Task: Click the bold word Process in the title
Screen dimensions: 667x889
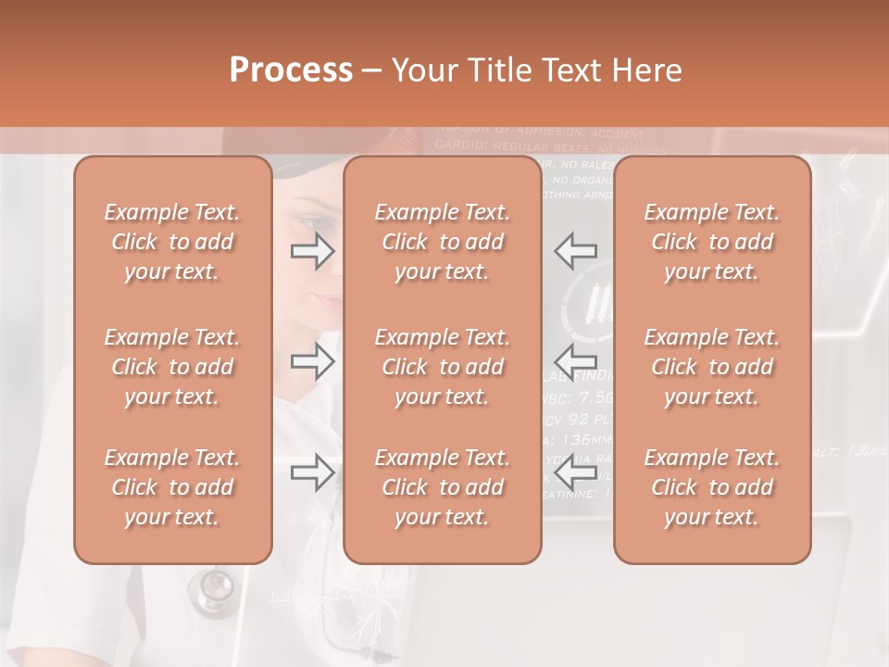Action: click(x=291, y=70)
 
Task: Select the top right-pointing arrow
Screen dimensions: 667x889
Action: click(x=312, y=251)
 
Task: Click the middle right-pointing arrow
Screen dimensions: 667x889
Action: click(x=312, y=362)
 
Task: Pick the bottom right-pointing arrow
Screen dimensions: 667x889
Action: click(x=312, y=473)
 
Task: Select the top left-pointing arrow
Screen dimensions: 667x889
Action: click(x=576, y=251)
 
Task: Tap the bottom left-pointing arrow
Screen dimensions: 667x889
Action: click(x=576, y=473)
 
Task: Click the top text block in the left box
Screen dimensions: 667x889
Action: click(x=172, y=242)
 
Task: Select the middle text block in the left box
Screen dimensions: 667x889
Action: click(x=172, y=367)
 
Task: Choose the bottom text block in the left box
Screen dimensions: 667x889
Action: click(x=172, y=487)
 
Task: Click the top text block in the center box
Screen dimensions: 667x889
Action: click(x=442, y=242)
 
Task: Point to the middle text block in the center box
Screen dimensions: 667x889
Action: click(x=442, y=367)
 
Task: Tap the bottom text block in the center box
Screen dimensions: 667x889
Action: click(x=442, y=487)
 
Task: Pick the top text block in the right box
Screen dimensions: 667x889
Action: click(x=712, y=242)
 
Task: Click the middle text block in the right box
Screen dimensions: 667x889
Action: click(x=712, y=367)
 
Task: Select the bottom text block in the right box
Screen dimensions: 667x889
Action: click(x=712, y=487)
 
